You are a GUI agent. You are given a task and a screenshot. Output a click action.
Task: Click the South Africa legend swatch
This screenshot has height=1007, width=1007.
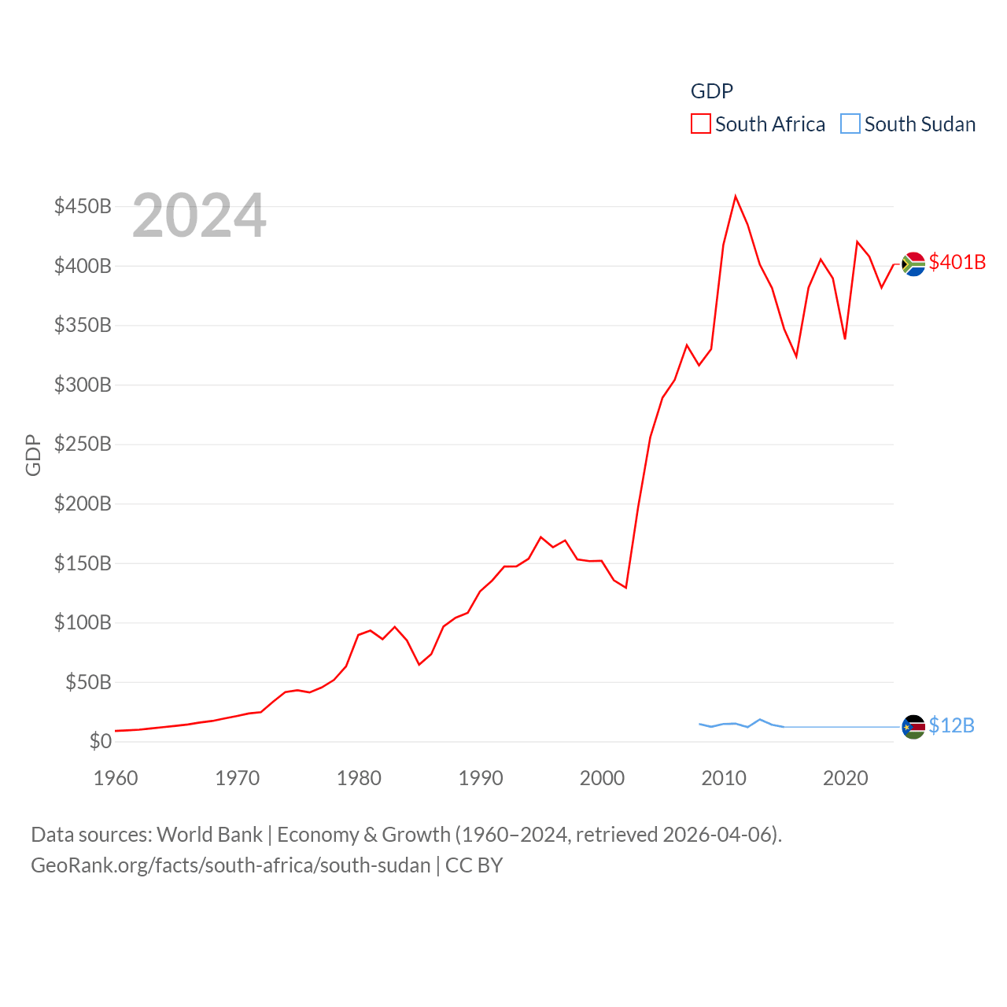pyautogui.click(x=700, y=124)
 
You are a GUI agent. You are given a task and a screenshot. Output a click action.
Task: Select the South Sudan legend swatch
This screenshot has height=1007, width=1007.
pyautogui.click(x=850, y=124)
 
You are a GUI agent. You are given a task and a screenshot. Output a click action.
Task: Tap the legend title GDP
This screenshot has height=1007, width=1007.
pyautogui.click(x=711, y=91)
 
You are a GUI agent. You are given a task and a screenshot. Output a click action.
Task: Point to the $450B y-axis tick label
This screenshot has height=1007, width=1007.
pyautogui.click(x=83, y=206)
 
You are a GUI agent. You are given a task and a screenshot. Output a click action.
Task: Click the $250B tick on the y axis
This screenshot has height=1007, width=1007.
pyautogui.click(x=83, y=444)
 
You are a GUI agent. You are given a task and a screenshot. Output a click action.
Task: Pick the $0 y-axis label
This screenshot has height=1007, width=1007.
pyautogui.click(x=100, y=741)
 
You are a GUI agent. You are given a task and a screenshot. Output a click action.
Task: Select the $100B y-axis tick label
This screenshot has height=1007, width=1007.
pyautogui.click(x=83, y=622)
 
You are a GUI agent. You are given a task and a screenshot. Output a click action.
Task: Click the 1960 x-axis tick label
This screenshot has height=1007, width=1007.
pyautogui.click(x=116, y=778)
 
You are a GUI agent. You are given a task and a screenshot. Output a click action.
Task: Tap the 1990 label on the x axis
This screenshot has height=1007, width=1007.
pyautogui.click(x=481, y=778)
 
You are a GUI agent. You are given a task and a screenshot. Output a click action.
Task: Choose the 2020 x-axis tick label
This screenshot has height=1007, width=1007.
pyautogui.click(x=845, y=778)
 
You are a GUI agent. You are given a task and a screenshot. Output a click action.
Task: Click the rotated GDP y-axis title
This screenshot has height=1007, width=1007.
pyautogui.click(x=33, y=455)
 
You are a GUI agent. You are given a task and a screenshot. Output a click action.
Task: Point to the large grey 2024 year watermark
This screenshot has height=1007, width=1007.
pyautogui.click(x=199, y=216)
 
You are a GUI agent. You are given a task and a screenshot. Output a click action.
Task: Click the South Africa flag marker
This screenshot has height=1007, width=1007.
pyautogui.click(x=913, y=264)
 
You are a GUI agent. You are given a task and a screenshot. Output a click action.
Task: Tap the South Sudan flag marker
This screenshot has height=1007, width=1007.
pyautogui.click(x=913, y=726)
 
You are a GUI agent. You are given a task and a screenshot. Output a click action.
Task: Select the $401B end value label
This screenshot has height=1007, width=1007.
pyautogui.click(x=957, y=262)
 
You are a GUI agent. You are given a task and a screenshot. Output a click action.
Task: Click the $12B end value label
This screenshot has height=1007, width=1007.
pyautogui.click(x=951, y=725)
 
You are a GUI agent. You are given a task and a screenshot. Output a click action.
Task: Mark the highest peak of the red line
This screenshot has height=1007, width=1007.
pyautogui.click(x=736, y=196)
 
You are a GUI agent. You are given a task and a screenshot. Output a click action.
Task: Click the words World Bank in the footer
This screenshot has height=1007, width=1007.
pyautogui.click(x=209, y=834)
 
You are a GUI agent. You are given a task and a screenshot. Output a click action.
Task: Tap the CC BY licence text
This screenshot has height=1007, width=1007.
pyautogui.click(x=474, y=865)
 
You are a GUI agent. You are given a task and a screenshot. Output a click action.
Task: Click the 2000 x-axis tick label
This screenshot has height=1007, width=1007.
pyautogui.click(x=602, y=778)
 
